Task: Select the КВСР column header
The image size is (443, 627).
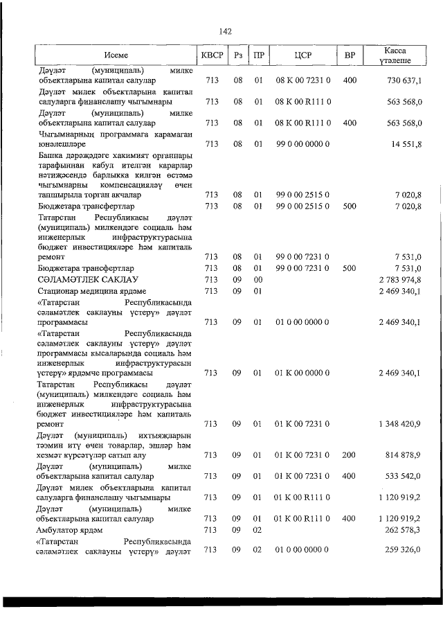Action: tap(211, 55)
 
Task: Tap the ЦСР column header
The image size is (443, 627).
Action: tap(304, 55)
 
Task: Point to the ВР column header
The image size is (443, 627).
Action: tap(350, 55)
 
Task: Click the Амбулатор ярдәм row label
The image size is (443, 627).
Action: tap(71, 530)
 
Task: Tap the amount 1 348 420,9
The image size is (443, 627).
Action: tap(401, 423)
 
